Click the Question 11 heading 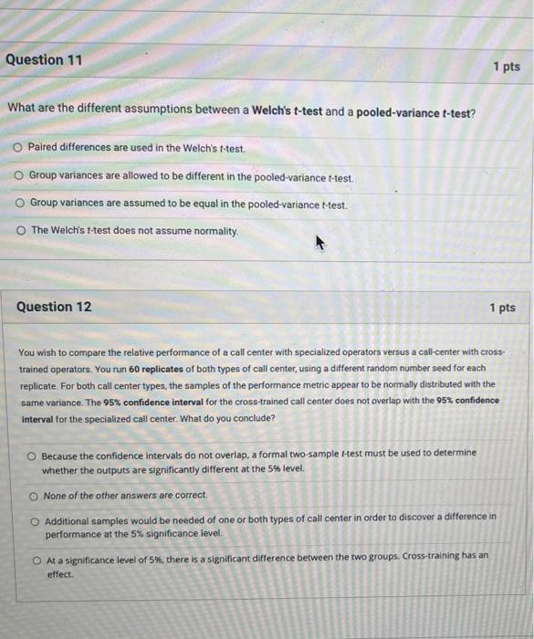[44, 60]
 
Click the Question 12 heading [54, 307]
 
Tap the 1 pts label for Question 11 [506, 67]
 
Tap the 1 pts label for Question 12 [502, 308]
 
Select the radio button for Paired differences [17, 147]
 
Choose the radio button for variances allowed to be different [18, 175]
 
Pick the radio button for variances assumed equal [19, 203]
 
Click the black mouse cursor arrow [319, 243]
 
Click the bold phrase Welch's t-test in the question [284, 111]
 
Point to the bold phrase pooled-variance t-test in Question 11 [414, 111]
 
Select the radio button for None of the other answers [34, 495]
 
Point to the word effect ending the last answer [60, 575]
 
